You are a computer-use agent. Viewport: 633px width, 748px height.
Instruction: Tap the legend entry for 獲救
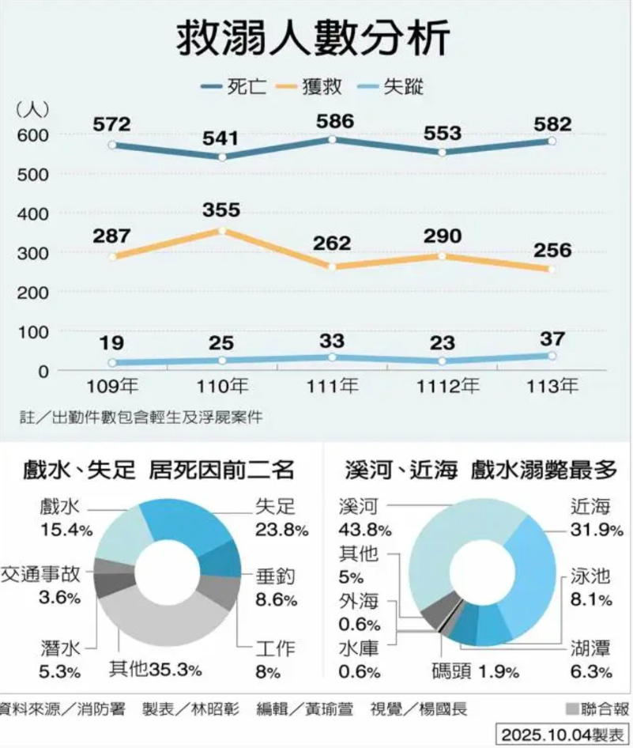[320, 87]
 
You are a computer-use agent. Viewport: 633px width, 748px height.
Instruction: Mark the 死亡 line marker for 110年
[222, 157]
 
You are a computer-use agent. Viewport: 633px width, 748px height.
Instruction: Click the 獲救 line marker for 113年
[552, 270]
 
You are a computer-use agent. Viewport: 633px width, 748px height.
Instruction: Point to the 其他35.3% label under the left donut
[154, 671]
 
